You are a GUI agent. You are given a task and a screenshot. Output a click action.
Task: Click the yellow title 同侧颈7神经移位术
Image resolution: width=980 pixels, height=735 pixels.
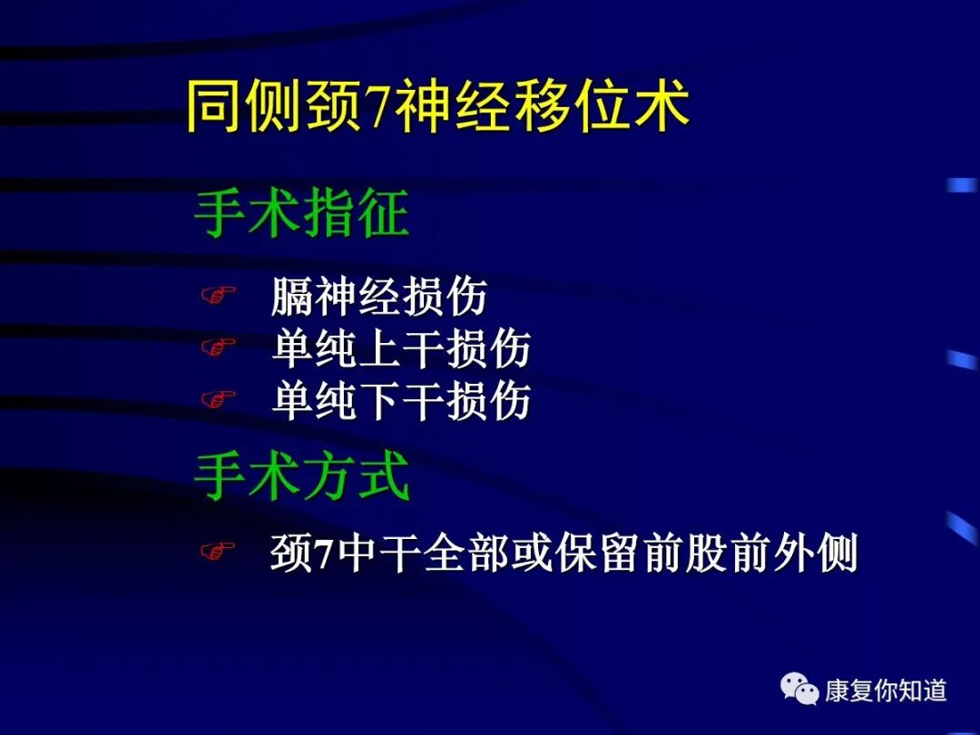(x=438, y=105)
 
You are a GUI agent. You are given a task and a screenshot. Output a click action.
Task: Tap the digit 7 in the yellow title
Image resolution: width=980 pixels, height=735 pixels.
(x=377, y=107)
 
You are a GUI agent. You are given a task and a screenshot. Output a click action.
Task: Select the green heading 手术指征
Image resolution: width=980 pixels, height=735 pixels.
(x=302, y=213)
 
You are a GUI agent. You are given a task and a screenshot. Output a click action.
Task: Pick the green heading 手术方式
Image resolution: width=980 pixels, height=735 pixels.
(x=302, y=476)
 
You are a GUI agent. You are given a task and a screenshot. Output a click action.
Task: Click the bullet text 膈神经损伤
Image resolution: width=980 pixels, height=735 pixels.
(x=378, y=296)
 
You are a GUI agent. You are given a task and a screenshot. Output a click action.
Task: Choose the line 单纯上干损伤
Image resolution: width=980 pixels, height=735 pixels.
(x=401, y=348)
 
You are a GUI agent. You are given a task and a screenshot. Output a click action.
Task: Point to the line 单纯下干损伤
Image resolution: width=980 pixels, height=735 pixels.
(x=401, y=400)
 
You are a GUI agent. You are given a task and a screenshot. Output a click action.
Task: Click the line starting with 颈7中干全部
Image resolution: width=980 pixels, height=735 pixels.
(x=563, y=552)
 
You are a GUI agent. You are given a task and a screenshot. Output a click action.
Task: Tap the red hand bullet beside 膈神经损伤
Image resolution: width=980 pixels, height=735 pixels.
(x=218, y=294)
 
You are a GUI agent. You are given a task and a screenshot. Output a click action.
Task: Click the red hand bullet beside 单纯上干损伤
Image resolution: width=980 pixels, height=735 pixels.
(x=218, y=347)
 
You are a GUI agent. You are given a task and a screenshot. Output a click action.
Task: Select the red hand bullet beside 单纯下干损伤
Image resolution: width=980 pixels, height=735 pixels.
(x=218, y=398)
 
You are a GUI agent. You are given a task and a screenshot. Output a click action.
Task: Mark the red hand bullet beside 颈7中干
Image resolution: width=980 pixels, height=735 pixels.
(x=218, y=551)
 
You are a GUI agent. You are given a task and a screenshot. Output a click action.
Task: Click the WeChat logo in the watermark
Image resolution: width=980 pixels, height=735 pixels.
(x=799, y=689)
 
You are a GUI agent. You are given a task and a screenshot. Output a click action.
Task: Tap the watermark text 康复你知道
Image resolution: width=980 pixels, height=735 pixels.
(x=886, y=691)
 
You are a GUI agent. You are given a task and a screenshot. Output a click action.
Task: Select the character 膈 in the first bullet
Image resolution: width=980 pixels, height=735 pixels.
(x=292, y=296)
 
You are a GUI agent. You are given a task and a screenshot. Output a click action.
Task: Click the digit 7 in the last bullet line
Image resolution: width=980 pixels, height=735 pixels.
(x=323, y=554)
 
